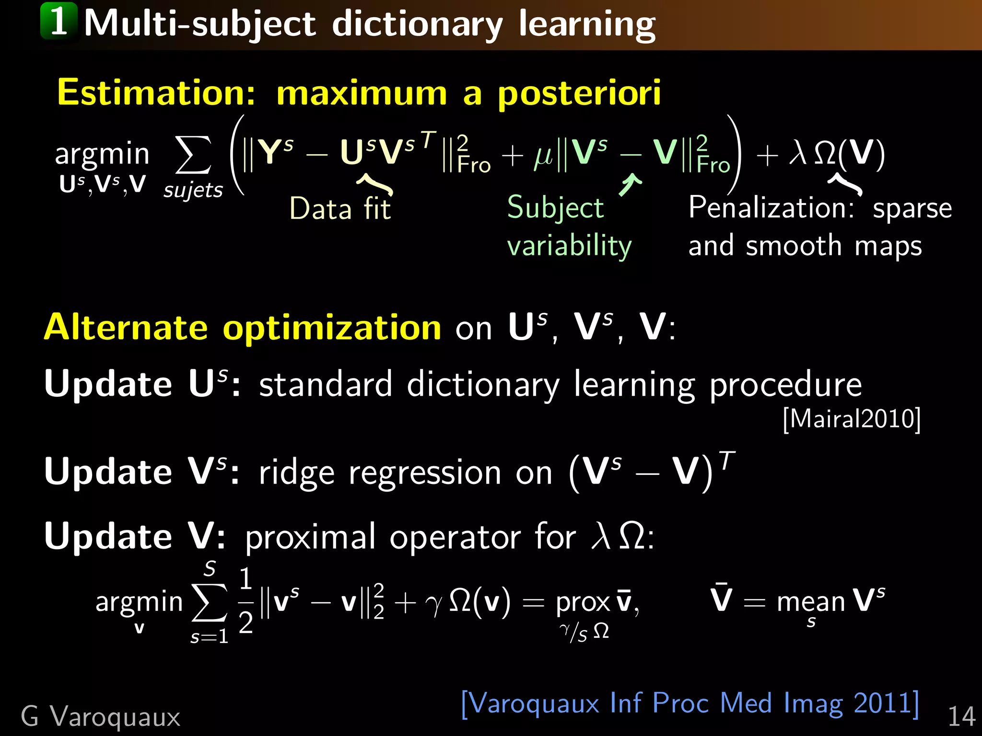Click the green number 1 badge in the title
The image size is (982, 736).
click(x=58, y=21)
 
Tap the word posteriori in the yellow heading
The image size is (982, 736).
click(x=579, y=93)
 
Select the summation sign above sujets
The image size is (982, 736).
click(x=193, y=154)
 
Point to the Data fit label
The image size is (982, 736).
click(x=340, y=209)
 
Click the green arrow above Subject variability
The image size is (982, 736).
click(x=630, y=184)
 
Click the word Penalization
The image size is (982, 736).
click(x=771, y=208)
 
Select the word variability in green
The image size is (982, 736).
click(x=569, y=246)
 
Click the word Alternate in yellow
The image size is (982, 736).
click(x=126, y=327)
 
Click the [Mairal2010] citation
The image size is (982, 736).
click(x=852, y=419)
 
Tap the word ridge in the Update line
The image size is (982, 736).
click(x=296, y=473)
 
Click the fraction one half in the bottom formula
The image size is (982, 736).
click(x=245, y=601)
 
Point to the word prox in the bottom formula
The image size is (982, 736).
click(x=583, y=602)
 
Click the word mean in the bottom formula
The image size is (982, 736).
click(x=811, y=602)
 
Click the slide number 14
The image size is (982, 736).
click(x=961, y=717)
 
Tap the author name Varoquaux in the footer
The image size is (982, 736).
click(x=115, y=717)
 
